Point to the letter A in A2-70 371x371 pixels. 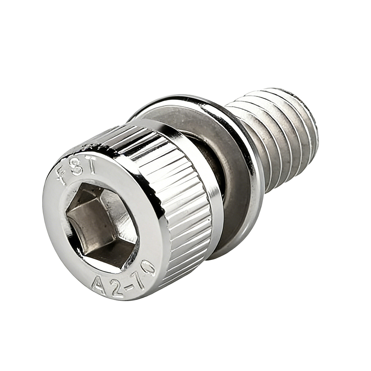coord(99,285)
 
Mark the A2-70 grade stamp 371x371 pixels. coord(123,279)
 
